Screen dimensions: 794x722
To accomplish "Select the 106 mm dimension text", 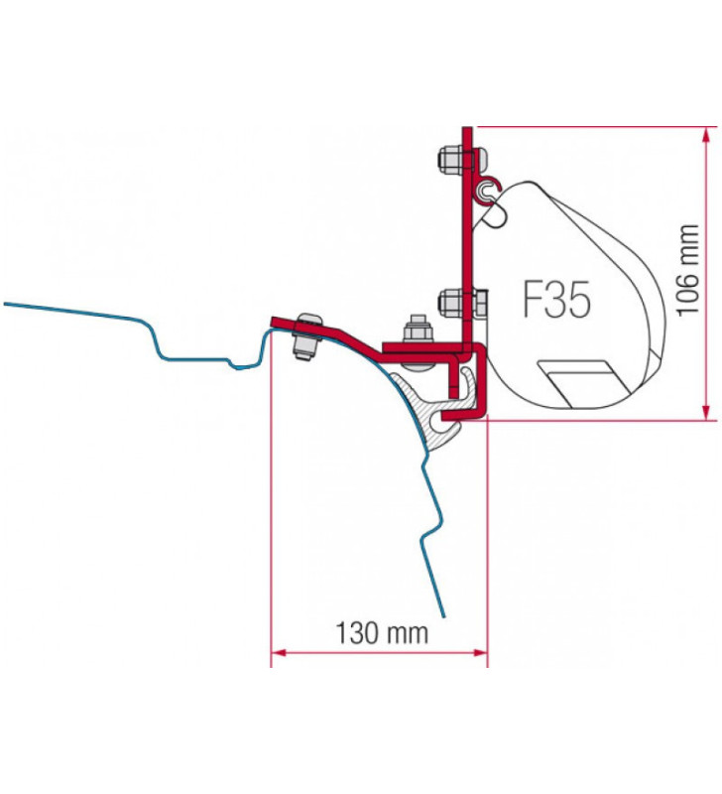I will [x=688, y=271].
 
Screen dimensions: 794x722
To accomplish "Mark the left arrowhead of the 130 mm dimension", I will [x=278, y=652].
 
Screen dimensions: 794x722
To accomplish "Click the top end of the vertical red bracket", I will [x=462, y=130].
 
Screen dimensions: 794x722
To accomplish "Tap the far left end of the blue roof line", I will [x=6, y=303].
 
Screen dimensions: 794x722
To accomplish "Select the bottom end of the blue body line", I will [x=443, y=613].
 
